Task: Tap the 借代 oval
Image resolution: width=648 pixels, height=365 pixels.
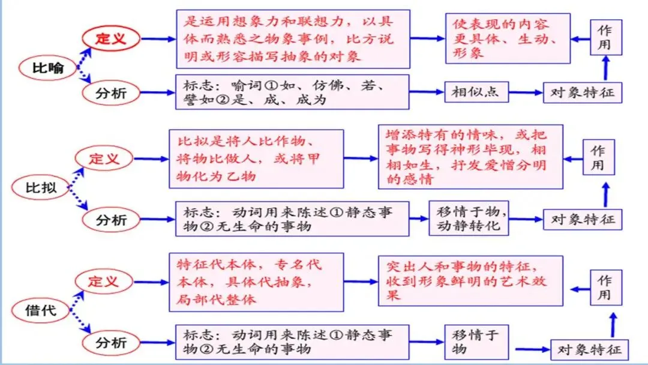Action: [41, 310]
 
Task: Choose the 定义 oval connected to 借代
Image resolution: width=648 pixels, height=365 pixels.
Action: [104, 281]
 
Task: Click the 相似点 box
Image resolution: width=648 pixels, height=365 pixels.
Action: [476, 92]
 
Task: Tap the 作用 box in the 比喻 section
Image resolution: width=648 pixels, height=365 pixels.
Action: [605, 37]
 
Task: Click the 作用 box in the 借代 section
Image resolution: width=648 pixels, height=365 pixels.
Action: [604, 288]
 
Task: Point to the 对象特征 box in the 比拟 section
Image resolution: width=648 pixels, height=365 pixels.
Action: [583, 219]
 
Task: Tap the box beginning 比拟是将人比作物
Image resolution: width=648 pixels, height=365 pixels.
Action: [256, 159]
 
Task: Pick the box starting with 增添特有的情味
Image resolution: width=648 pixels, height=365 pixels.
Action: [470, 157]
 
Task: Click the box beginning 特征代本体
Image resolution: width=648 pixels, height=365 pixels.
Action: [257, 282]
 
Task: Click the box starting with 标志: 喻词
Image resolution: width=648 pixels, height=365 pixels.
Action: [292, 92]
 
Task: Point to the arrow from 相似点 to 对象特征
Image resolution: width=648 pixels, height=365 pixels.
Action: [526, 93]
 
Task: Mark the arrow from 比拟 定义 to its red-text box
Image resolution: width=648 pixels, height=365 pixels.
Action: [151, 159]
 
